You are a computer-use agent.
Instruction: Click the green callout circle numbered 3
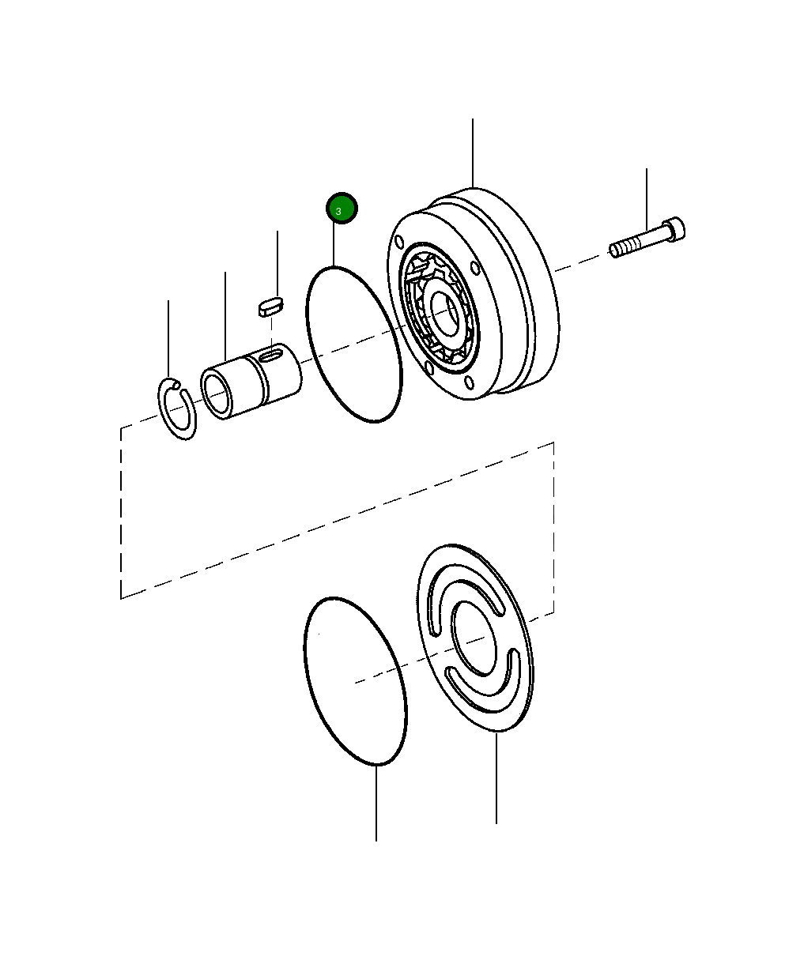coord(342,209)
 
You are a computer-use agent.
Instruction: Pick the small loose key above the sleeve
coord(270,305)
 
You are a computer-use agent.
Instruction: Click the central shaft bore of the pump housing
coord(444,313)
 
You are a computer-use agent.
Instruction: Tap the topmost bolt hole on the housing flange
coord(401,240)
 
